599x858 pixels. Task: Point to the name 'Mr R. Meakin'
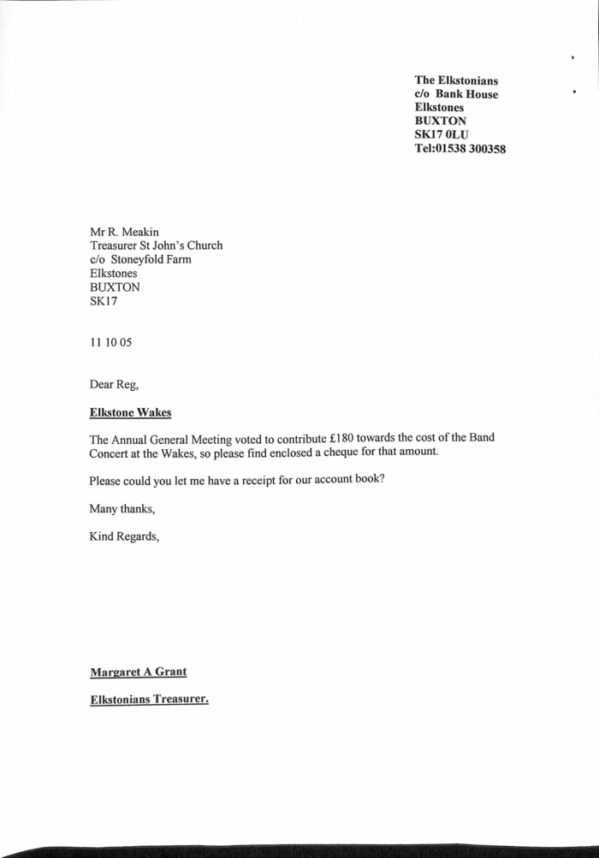(x=124, y=232)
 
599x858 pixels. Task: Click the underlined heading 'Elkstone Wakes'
(x=130, y=412)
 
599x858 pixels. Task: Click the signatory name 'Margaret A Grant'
(x=138, y=672)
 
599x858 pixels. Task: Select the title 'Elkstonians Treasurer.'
(x=150, y=699)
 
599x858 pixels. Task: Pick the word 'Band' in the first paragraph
(x=482, y=438)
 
